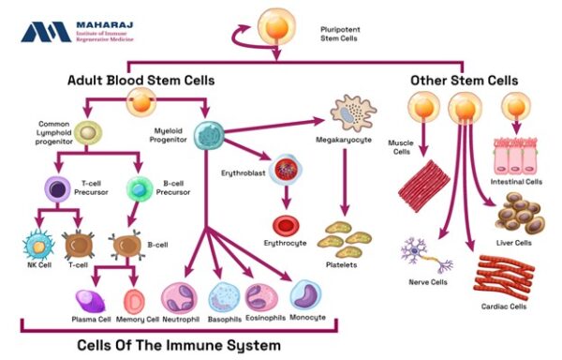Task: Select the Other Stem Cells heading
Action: coord(464,81)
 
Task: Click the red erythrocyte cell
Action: coord(285,226)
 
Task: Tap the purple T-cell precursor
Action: coord(57,191)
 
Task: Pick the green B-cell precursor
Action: coord(139,190)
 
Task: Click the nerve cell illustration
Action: coord(417,255)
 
